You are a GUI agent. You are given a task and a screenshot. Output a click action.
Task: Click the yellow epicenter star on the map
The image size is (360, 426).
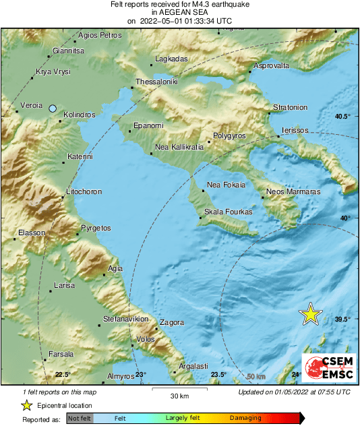[310, 313]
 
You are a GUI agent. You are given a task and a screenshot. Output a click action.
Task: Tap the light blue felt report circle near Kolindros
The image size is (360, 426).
[53, 108]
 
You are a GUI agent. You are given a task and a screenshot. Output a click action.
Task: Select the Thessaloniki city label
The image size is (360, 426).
[156, 82]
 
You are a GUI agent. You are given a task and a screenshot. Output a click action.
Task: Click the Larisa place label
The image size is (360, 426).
[64, 286]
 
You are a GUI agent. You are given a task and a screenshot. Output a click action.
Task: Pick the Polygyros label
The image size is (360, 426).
[231, 135]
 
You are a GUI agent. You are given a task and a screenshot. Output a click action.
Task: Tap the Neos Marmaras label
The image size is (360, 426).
[294, 192]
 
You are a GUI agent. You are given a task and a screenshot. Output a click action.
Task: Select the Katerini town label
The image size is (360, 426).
[80, 157]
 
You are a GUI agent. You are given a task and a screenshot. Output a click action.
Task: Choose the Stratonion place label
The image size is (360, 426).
[290, 107]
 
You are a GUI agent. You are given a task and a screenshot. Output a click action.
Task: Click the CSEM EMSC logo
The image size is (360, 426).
[328, 367]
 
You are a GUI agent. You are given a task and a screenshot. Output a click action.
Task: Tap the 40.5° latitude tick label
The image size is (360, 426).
[343, 117]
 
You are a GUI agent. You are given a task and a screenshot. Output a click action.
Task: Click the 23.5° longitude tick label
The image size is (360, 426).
[218, 375]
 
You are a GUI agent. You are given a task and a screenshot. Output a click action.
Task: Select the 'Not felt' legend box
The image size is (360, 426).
[79, 419]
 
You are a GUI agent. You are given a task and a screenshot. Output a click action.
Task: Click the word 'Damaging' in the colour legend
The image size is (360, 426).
[245, 419]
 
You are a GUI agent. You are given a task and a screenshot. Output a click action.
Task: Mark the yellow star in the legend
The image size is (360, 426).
[26, 405]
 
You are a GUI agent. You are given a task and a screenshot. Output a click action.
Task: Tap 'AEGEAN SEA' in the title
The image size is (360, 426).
[180, 12]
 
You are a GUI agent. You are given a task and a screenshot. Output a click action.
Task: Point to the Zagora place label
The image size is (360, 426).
[171, 322]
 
